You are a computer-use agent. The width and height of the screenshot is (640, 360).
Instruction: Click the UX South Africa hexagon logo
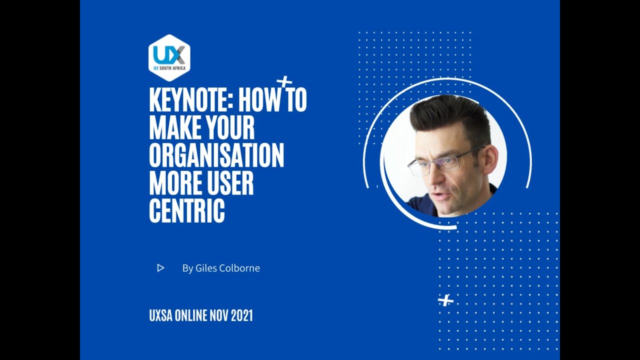[x=169, y=57]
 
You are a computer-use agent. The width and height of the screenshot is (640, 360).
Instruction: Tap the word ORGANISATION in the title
[x=216, y=155]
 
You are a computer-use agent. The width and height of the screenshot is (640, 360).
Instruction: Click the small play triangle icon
[x=160, y=268]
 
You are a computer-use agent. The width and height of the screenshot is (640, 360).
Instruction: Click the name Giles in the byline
[x=206, y=268]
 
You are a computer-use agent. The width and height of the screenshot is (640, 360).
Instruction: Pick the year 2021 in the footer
[x=242, y=315]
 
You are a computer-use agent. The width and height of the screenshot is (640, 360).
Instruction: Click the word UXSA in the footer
[x=160, y=315]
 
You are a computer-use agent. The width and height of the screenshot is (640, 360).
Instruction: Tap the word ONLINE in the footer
[x=190, y=315]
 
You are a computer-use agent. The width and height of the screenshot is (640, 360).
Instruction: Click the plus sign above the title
[x=284, y=81]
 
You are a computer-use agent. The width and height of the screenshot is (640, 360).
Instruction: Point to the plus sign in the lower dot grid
[x=445, y=300]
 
